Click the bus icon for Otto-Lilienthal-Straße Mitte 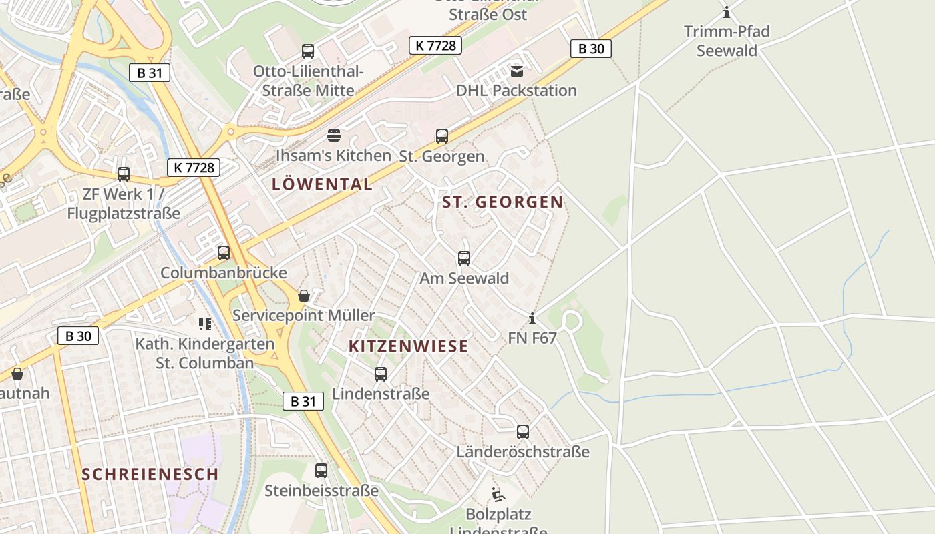point(308,51)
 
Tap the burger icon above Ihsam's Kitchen point(334,136)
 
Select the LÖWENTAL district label point(322,185)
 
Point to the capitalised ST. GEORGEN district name point(503,202)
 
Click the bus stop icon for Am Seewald point(464,258)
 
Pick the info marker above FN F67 point(532,318)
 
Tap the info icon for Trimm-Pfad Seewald point(727,12)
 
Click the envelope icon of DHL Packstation point(517,71)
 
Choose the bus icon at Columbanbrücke point(224,253)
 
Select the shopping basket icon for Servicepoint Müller point(304,296)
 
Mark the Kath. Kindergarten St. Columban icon point(205,324)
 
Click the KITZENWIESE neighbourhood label point(409,346)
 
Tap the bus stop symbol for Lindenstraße point(381,374)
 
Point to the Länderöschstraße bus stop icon point(523,432)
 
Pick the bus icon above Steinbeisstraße point(321,471)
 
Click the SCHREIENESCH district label point(150,475)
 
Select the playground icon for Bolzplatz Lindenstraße point(498,495)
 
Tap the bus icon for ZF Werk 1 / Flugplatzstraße point(124,174)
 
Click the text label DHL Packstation point(516,91)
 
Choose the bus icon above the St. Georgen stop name point(442,136)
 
